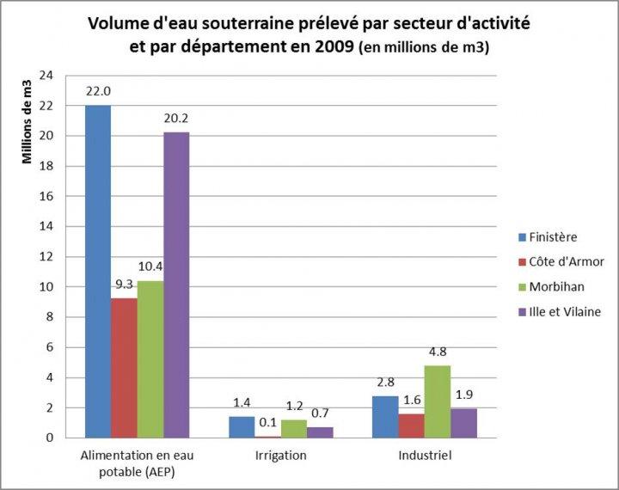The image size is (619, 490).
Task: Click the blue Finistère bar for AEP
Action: point(98,271)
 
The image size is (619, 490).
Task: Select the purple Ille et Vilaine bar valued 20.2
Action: point(176,285)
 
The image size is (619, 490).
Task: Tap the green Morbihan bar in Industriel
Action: point(438,401)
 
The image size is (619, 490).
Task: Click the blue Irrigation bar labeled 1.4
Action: point(242,426)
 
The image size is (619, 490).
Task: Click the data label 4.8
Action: point(438,351)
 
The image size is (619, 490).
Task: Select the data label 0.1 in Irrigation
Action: point(268,423)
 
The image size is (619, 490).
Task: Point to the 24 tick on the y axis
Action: point(46,76)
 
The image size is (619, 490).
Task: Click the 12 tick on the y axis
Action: point(46,256)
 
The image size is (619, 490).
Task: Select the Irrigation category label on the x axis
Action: point(280,455)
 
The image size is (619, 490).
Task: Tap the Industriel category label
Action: point(425,455)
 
